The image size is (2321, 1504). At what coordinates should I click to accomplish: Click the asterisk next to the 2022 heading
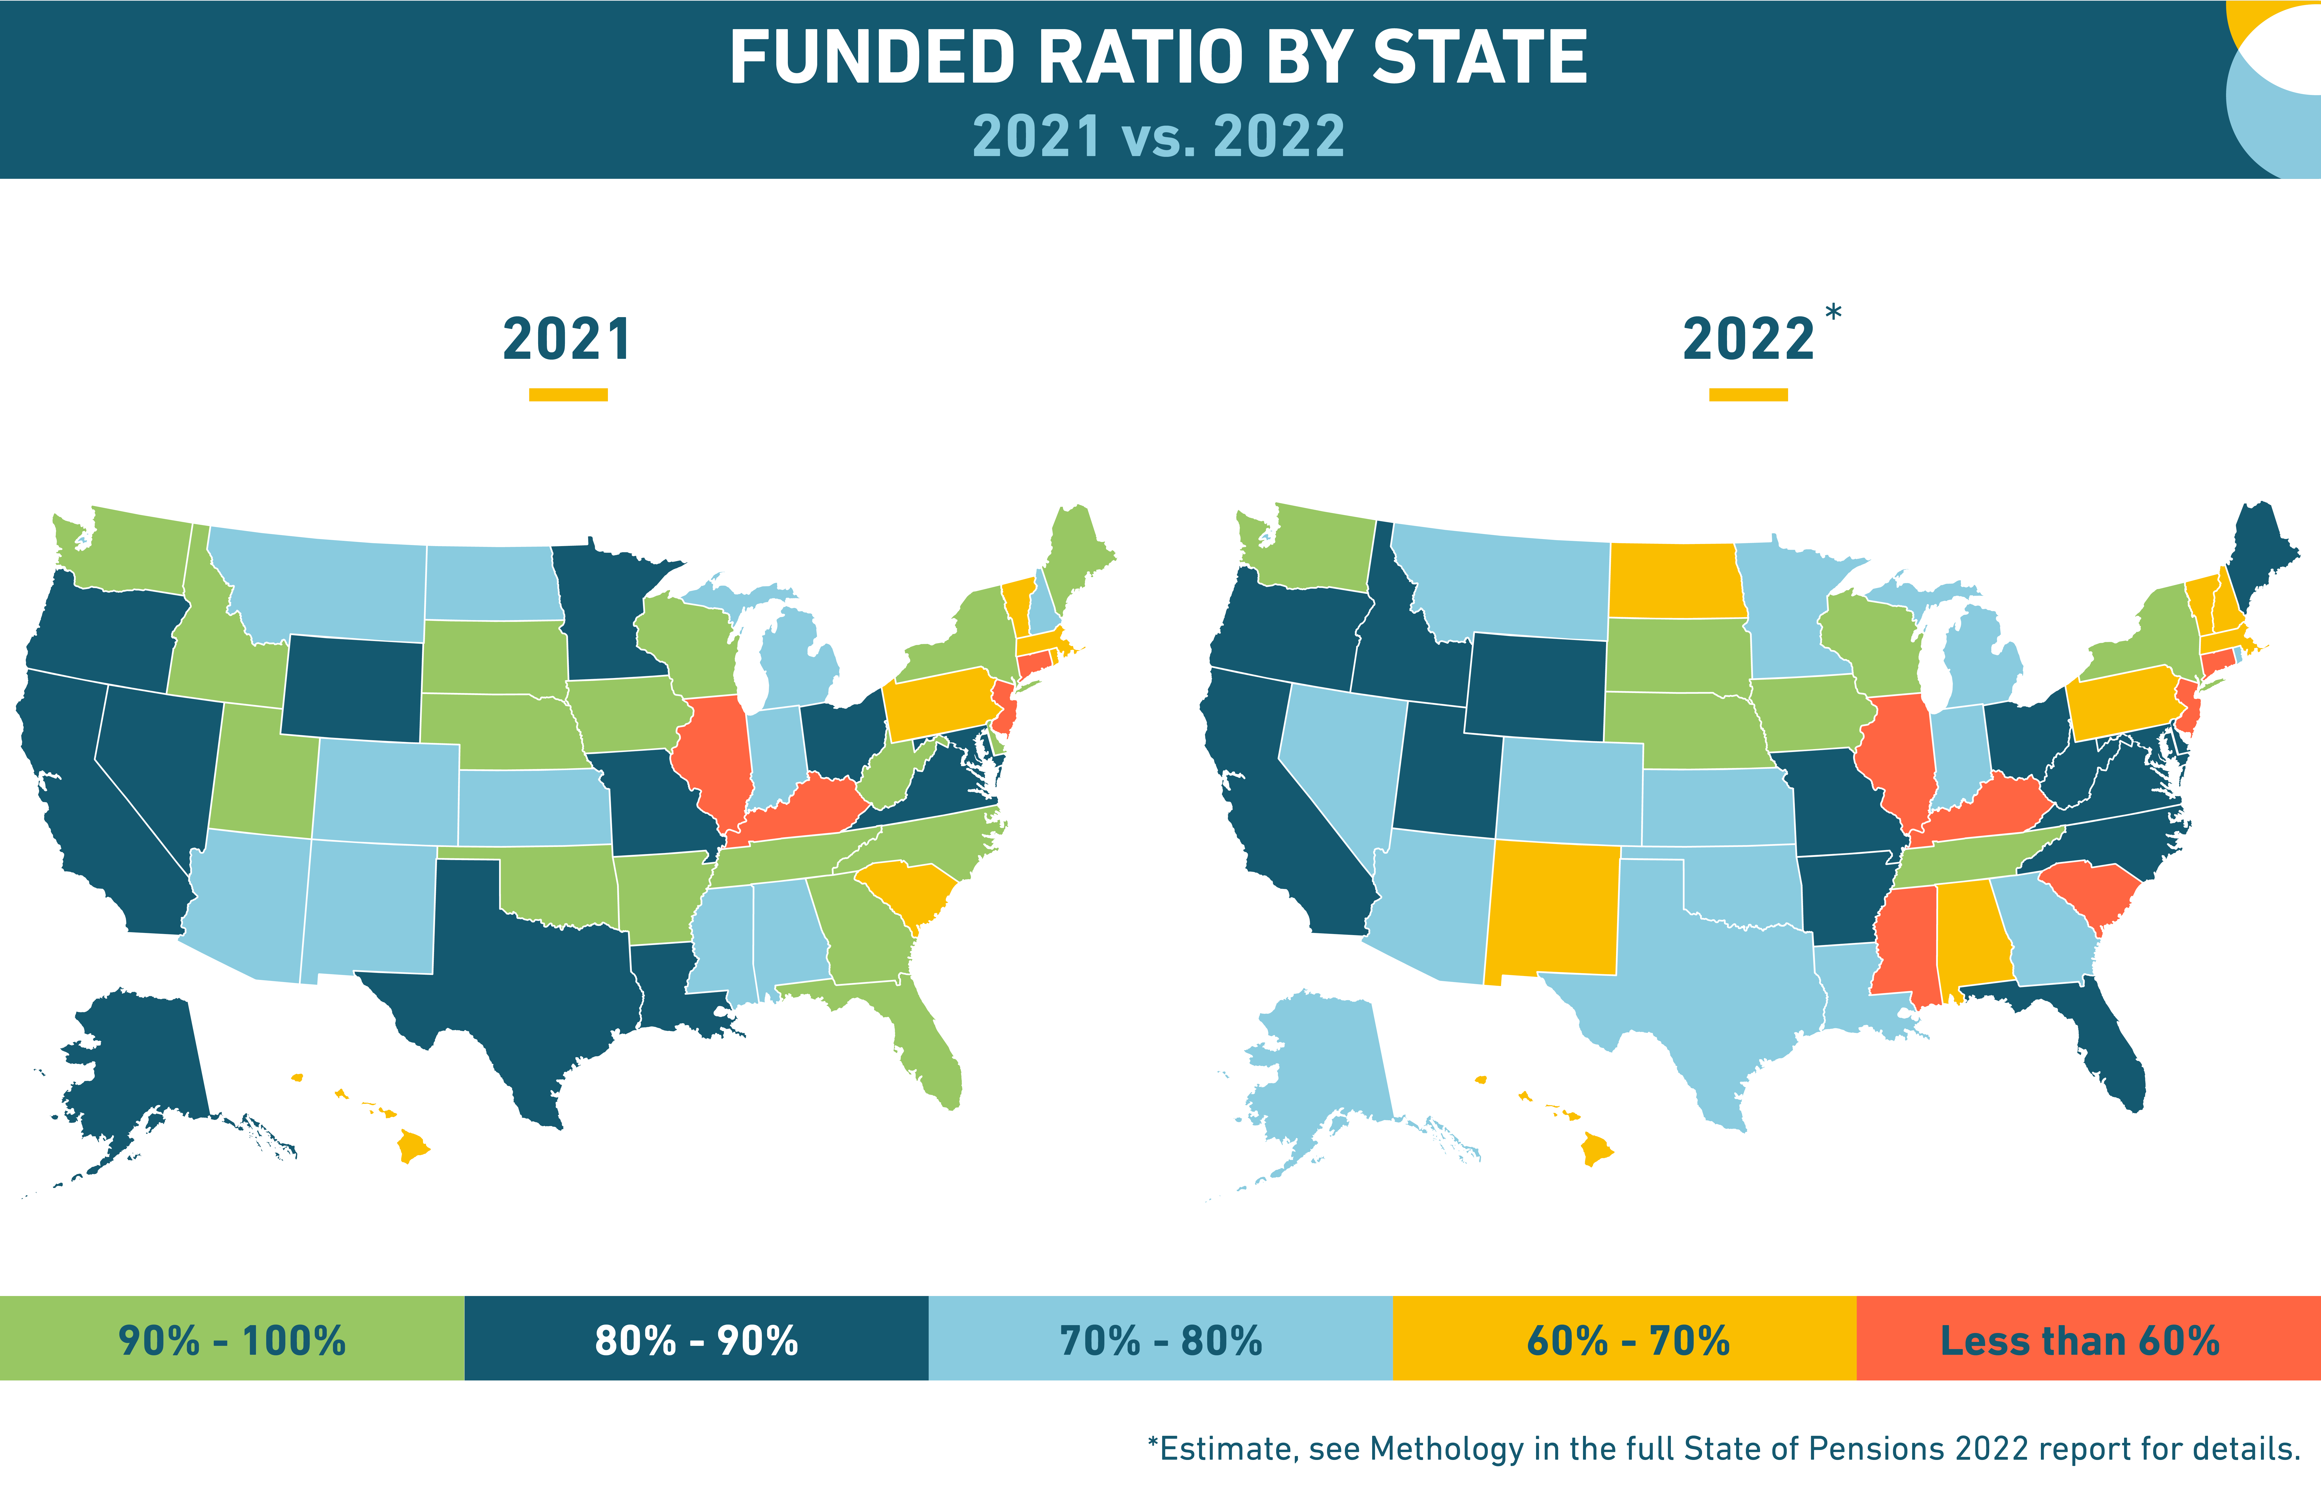[1833, 312]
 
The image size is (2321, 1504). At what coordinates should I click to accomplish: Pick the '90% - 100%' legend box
[232, 1338]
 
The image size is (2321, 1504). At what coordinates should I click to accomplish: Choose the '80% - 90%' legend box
[696, 1338]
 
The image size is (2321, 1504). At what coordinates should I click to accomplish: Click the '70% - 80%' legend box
[1160, 1338]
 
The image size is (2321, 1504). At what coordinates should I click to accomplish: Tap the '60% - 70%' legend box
[1625, 1338]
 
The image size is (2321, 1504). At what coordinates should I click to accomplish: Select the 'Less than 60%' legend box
[2089, 1338]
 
